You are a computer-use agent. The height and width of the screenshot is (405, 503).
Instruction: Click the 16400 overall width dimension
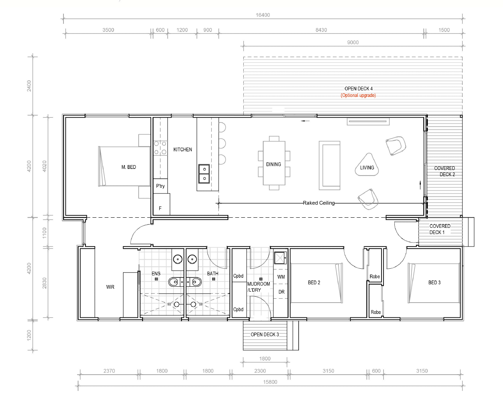[x=263, y=15]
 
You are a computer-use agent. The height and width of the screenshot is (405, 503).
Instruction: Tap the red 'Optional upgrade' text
[x=358, y=95]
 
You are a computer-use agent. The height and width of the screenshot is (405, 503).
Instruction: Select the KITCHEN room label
[x=183, y=150]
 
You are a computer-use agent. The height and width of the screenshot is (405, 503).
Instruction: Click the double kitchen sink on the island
[x=204, y=174]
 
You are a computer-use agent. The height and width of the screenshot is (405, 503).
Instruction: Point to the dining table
[x=274, y=163]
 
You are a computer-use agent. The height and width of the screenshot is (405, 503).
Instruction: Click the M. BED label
[x=128, y=167]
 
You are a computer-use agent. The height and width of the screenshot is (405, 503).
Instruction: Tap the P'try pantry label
[x=160, y=186]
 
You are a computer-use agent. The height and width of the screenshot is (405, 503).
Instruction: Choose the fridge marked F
[x=161, y=204]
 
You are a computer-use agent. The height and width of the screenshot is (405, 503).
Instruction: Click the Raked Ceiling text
[x=318, y=203]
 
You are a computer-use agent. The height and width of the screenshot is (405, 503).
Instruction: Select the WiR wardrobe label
[x=110, y=287]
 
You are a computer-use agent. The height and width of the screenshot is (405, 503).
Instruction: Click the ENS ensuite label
[x=156, y=274]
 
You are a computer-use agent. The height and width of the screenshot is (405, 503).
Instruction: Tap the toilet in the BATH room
[x=195, y=282]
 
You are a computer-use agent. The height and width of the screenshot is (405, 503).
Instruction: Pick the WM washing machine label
[x=281, y=277]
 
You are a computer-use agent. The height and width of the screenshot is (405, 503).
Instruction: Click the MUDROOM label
[x=259, y=284]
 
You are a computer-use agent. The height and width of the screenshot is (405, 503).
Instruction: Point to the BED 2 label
[x=314, y=283]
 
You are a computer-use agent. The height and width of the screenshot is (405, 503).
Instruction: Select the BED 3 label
[x=434, y=283]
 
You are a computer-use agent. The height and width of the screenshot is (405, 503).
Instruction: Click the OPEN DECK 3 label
[x=265, y=335]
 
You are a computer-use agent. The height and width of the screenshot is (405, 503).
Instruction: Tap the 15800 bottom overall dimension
[x=270, y=382]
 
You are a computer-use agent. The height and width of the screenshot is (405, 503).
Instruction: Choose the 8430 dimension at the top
[x=321, y=30]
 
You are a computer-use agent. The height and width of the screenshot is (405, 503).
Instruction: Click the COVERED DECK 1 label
[x=440, y=229]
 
